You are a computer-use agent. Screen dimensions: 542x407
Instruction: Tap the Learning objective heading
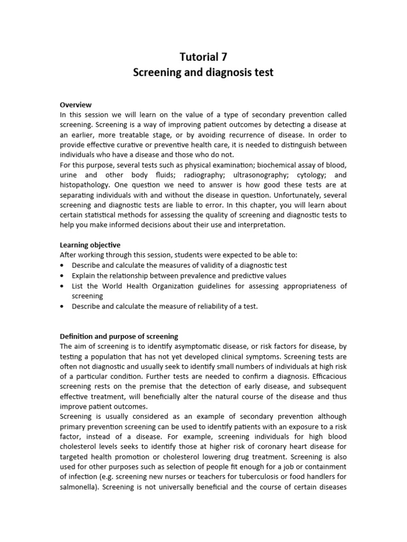tap(90, 245)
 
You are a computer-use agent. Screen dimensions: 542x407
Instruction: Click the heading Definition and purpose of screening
tap(119, 337)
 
